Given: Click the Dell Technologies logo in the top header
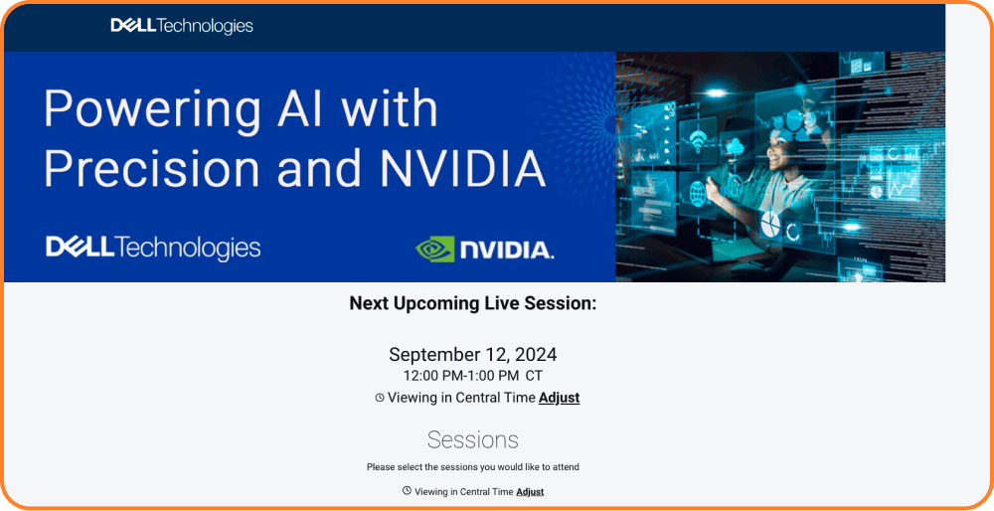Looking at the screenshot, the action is (182, 26).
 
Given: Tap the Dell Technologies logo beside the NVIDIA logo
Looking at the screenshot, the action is (153, 248).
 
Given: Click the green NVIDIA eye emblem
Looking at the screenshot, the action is (435, 250).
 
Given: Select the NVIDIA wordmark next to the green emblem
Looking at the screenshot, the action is (507, 251).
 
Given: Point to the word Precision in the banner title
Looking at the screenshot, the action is (151, 169).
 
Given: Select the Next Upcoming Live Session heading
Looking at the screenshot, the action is (473, 303).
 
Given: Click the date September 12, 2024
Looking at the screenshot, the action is (473, 354).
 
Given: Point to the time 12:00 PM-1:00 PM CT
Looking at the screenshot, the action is (473, 376).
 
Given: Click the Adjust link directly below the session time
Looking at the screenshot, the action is (559, 398).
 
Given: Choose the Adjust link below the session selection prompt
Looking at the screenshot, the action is (530, 492).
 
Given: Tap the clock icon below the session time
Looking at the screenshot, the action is (380, 398).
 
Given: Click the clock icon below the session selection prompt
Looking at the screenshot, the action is (407, 491).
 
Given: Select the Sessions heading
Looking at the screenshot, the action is (473, 440).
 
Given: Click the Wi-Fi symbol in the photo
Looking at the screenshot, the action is (698, 142).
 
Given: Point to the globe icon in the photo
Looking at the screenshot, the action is (698, 191).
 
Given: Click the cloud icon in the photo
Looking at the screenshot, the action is (736, 148).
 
